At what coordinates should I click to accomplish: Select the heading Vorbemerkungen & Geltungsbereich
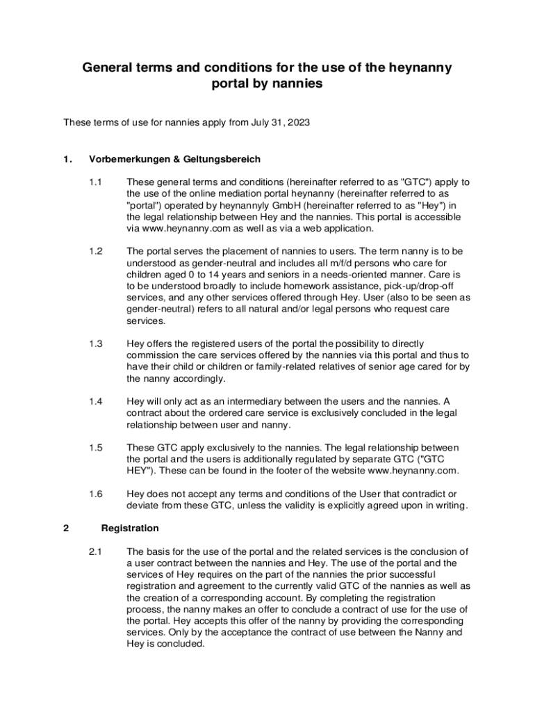pyautogui.click(x=174, y=159)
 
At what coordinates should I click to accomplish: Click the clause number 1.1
pyautogui.click(x=96, y=182)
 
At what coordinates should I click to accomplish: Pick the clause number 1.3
pyautogui.click(x=96, y=343)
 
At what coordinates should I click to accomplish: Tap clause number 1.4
pyautogui.click(x=96, y=401)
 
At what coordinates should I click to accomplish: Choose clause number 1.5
pyautogui.click(x=96, y=447)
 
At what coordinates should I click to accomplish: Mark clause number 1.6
pyautogui.click(x=96, y=494)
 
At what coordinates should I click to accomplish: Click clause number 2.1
pyautogui.click(x=96, y=551)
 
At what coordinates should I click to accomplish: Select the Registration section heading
pyautogui.click(x=130, y=528)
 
